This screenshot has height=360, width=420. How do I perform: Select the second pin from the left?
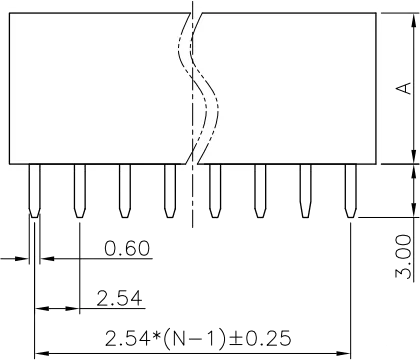(79, 193)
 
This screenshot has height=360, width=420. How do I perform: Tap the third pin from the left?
(123, 193)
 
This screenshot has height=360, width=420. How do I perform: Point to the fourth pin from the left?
(168, 193)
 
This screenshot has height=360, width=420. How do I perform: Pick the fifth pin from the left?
(213, 193)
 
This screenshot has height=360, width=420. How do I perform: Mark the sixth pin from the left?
(258, 193)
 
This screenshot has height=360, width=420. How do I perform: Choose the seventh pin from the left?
(304, 193)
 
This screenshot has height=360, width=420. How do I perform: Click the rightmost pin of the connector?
(350, 193)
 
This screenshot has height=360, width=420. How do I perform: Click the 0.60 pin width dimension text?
(127, 247)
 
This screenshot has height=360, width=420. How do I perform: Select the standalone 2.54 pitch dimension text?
(119, 296)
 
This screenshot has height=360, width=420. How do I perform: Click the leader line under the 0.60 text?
(110, 259)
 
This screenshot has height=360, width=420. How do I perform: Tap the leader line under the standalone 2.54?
(100, 307)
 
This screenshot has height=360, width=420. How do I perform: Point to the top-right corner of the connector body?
(378, 13)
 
